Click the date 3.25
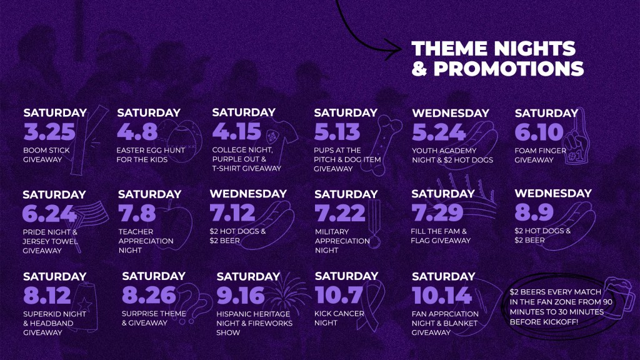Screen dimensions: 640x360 coord(49,132)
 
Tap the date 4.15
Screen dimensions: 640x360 coord(236,131)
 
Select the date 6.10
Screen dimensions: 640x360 coord(539,132)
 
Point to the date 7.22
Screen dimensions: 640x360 coord(339,213)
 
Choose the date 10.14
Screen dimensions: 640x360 coord(442,296)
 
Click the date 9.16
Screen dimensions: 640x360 coord(241,296)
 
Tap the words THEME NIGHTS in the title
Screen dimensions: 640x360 coord(494,49)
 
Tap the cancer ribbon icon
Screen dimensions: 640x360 coord(371,304)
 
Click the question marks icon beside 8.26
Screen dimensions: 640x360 coord(191,304)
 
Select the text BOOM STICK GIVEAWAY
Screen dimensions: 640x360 coord(46,155)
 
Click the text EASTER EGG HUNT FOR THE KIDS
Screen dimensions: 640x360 coord(151,155)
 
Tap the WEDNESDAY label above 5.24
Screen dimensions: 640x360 coord(451,113)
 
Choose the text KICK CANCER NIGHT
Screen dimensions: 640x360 coord(339,318)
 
